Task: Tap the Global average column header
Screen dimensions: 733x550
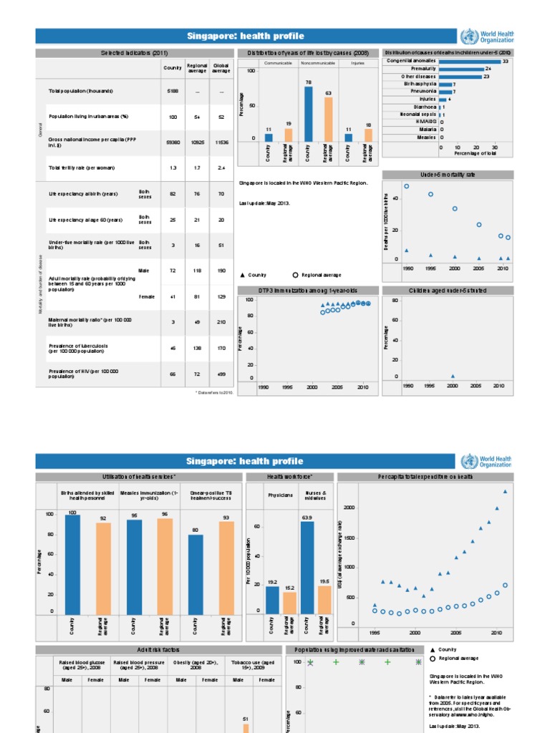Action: coord(221,67)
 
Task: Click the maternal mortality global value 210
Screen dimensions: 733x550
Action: coord(221,321)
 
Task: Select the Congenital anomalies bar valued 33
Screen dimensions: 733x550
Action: coord(469,62)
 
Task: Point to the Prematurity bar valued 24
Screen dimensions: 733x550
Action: coord(460,69)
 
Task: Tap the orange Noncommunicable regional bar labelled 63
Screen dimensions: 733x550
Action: coord(328,119)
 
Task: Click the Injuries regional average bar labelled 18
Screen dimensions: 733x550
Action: coord(368,135)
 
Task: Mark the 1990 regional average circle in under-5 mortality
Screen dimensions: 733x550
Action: coord(407,186)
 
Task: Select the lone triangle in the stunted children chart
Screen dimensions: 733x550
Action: coord(452,376)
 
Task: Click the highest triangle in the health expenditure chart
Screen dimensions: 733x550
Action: coord(505,491)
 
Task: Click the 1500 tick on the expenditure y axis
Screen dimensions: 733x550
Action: coord(349,538)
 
